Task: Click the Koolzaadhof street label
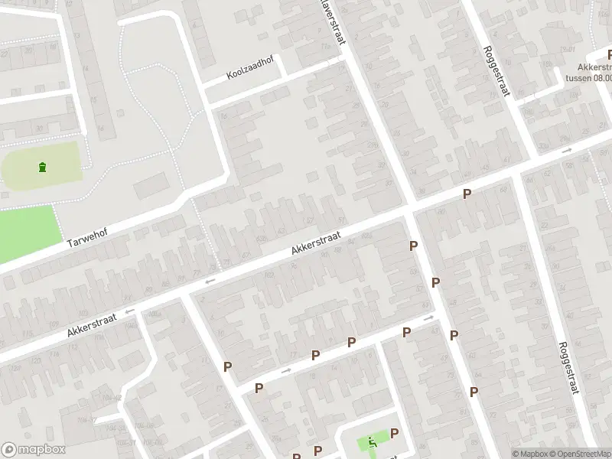251,70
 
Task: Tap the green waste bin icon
41,168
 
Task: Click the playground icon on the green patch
373,441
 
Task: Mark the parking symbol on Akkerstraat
467,195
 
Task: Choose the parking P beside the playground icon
395,434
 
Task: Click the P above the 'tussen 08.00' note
609,55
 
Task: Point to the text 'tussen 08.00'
588,76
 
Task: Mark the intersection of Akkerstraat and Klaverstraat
409,208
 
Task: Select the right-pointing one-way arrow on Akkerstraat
566,151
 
